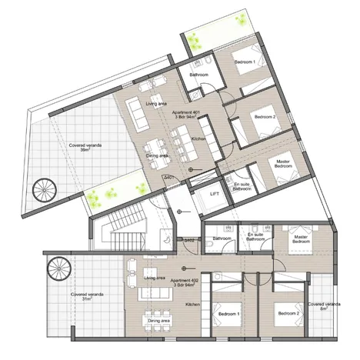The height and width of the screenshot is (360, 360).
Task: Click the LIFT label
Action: pos(215,195)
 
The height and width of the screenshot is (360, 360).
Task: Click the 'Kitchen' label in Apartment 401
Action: pos(198,139)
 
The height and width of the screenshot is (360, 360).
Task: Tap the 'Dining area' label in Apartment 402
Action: pos(159,320)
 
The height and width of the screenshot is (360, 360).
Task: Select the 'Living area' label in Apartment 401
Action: pos(157,102)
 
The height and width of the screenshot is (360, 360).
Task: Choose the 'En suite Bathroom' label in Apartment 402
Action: pos(255,236)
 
